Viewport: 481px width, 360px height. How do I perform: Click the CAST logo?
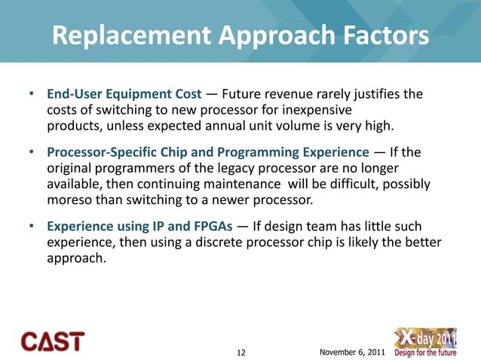[x=53, y=341]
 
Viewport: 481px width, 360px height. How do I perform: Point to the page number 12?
[x=241, y=352]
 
